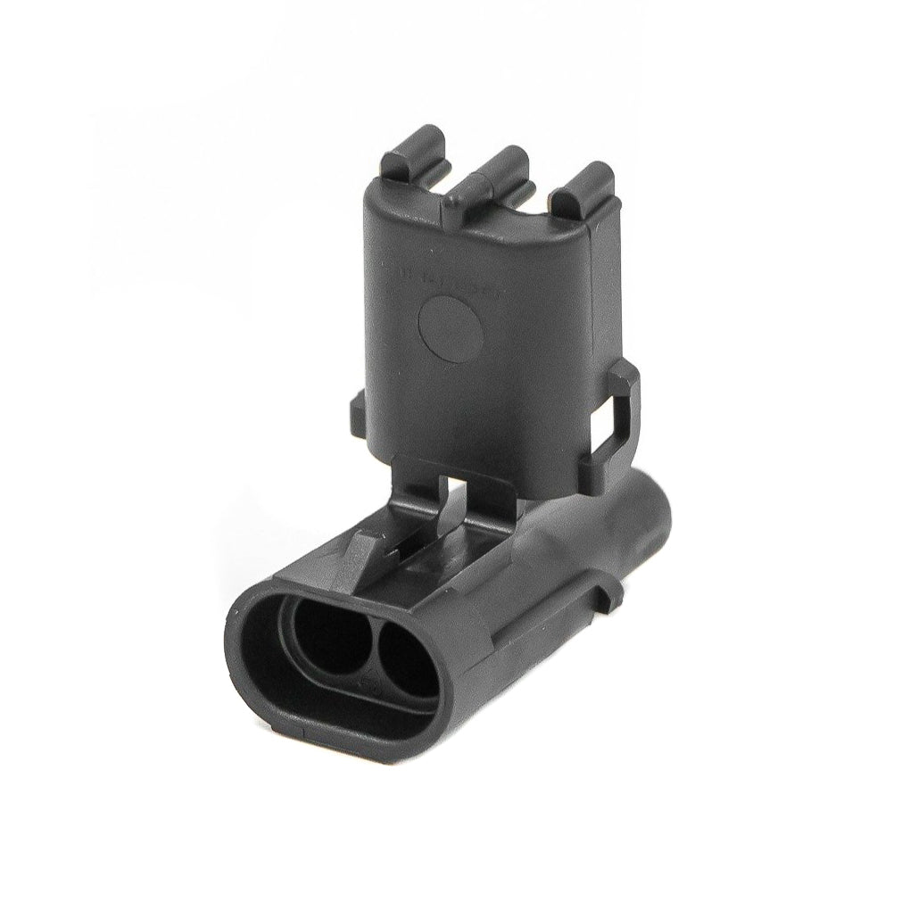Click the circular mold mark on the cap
451,327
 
